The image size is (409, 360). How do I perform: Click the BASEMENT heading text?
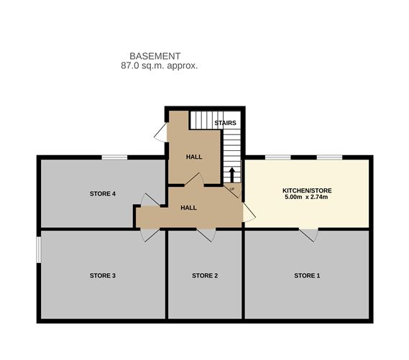155,56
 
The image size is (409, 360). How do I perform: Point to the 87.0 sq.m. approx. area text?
159,65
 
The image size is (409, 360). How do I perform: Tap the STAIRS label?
225,123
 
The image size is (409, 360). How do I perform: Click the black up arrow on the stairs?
232,175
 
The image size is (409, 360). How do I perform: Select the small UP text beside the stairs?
232,189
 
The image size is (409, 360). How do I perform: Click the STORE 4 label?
103,194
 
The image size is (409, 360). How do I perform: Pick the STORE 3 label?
103,275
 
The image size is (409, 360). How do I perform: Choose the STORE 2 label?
205,275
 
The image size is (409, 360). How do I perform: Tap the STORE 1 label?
307,275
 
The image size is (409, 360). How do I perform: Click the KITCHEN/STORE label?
307,190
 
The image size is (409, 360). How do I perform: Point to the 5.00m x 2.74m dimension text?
306,197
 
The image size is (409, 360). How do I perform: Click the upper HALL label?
194,157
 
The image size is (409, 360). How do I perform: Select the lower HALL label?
188,208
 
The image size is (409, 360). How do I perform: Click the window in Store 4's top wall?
114,157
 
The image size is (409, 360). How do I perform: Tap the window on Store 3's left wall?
39,249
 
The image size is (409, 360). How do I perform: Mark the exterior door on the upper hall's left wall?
161,132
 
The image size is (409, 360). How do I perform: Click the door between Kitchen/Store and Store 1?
308,235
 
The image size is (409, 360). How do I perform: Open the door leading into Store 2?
206,235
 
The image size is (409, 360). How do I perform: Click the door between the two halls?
194,180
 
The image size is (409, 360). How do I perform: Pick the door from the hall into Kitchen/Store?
249,213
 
